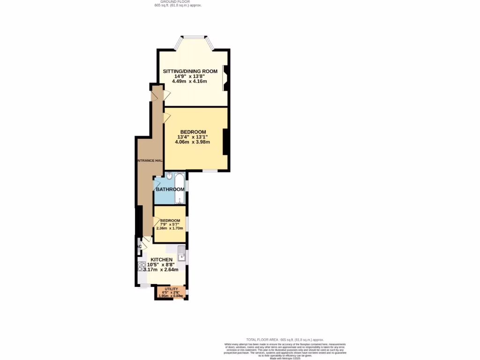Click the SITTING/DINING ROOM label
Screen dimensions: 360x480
[190, 71]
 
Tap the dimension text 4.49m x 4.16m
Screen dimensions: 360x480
[189, 81]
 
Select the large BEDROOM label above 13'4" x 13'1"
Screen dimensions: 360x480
[193, 132]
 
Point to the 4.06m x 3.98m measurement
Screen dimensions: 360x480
[192, 142]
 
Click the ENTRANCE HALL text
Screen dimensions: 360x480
[150, 161]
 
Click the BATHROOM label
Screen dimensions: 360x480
[170, 189]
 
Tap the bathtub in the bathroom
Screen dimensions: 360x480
[180, 188]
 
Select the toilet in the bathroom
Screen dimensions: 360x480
[169, 177]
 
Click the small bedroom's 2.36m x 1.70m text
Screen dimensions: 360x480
[169, 228]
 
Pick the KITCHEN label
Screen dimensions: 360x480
[161, 259]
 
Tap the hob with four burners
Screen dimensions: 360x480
[142, 267]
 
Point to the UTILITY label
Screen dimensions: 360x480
[171, 289]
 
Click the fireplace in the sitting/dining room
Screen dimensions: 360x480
[225, 78]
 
